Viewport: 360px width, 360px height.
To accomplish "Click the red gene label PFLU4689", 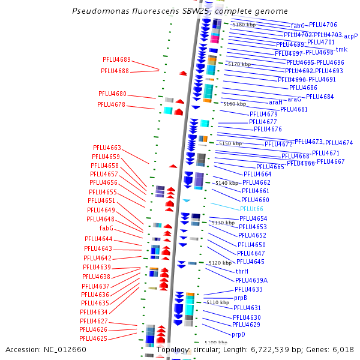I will (116, 59).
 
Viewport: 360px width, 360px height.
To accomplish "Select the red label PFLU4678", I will (111, 104).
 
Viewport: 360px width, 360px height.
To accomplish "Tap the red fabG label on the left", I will (106, 229).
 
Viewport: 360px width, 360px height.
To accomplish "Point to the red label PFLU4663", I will (107, 148).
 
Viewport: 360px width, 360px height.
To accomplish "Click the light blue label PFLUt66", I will (251, 209).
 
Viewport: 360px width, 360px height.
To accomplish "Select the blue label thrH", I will (242, 271).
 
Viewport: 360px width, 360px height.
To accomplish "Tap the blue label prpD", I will (238, 334).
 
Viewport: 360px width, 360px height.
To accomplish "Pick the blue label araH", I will (275, 103).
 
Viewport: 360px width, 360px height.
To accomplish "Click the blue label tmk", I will (341, 50).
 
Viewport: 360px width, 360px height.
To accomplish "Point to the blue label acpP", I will (350, 36).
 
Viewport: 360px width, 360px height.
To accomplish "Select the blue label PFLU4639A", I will (251, 280).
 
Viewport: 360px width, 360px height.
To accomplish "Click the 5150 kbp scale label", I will (230, 144).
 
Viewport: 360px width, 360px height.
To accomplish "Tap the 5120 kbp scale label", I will (220, 263).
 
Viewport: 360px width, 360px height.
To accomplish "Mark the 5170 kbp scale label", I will (239, 64).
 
